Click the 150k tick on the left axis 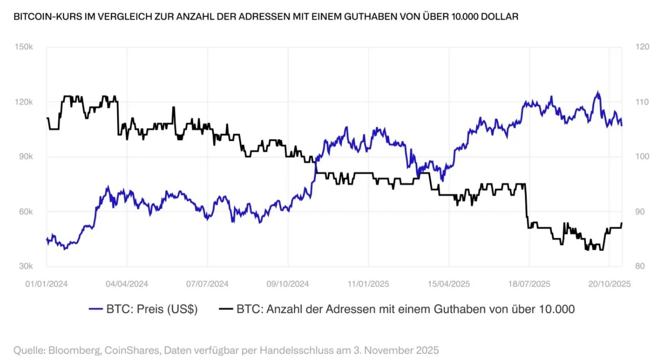24,47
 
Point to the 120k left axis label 24,102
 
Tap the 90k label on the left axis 25,157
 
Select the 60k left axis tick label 25,212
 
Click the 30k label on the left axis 25,266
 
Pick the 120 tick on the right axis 643,47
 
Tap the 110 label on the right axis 643,102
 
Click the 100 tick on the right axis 643,157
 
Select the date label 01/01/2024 46,284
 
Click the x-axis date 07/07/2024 207,284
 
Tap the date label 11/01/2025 368,284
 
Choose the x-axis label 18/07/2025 529,284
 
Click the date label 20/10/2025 609,284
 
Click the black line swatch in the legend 225,309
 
